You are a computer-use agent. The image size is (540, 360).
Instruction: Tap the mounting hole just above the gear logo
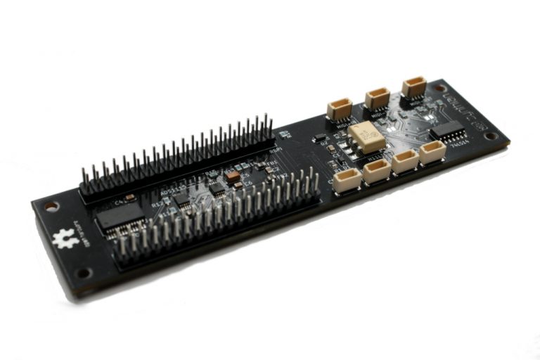(x=51, y=207)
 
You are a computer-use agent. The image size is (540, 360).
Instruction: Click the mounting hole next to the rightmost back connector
(x=440, y=89)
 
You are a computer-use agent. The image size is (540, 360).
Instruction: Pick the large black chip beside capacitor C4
(x=120, y=219)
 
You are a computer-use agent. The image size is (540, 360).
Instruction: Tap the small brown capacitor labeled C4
(x=130, y=198)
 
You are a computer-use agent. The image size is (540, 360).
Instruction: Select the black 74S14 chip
(x=448, y=130)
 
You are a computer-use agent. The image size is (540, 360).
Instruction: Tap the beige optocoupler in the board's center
(x=366, y=136)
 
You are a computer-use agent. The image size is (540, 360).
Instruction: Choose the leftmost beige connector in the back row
(x=340, y=109)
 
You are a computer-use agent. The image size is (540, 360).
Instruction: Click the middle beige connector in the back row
(x=377, y=98)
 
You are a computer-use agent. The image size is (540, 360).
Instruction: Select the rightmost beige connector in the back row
(x=414, y=86)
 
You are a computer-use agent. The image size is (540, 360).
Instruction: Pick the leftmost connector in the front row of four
(x=347, y=181)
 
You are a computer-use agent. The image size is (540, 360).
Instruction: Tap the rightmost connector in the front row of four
(x=432, y=152)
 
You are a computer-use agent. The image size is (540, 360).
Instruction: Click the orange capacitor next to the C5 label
(x=232, y=178)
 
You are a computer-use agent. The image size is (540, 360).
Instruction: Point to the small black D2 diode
(x=320, y=137)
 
